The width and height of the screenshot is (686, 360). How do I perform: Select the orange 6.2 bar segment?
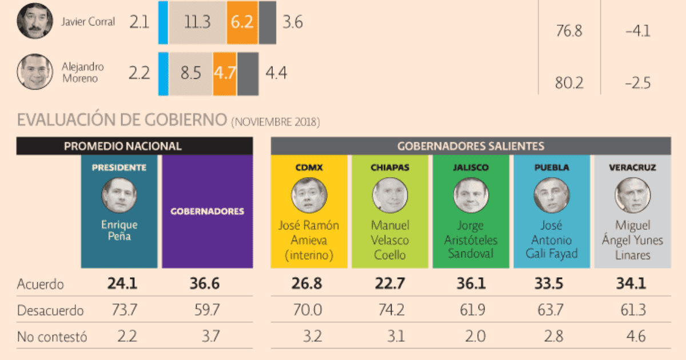pyautogui.click(x=242, y=22)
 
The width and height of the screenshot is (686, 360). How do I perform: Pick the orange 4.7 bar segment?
pyautogui.click(x=225, y=73)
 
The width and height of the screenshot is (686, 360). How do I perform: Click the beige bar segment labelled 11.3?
pyautogui.click(x=198, y=22)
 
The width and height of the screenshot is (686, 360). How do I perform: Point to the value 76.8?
pyautogui.click(x=569, y=31)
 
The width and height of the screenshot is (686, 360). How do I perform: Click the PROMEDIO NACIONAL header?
pyautogui.click(x=134, y=146)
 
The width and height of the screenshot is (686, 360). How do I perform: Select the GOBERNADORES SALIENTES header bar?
pyautogui.click(x=470, y=146)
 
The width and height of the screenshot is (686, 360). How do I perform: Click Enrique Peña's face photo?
pyautogui.click(x=119, y=196)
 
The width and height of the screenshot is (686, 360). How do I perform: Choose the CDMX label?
pyautogui.click(x=309, y=168)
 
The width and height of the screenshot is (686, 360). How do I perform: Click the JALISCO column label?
pyautogui.click(x=471, y=168)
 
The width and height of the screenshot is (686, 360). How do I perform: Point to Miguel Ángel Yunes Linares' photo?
pyautogui.click(x=633, y=196)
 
